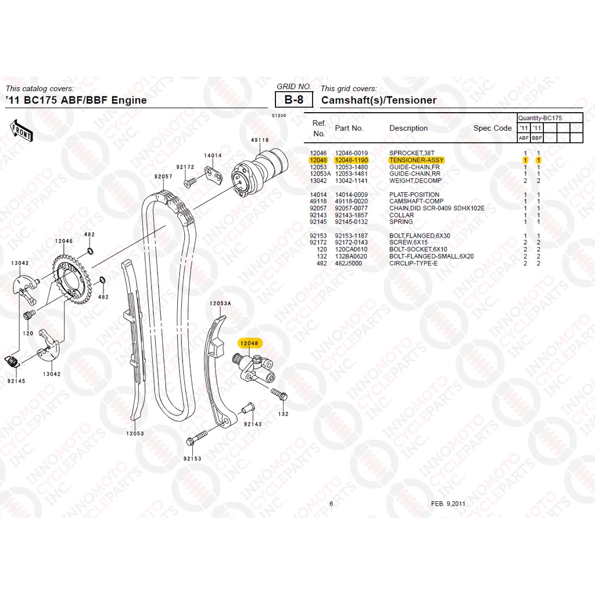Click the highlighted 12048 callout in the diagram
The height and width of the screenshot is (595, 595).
(250, 343)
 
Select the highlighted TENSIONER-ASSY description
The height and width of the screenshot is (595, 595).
(416, 160)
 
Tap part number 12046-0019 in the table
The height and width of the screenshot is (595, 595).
(351, 153)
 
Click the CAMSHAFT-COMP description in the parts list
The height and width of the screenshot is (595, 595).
(416, 202)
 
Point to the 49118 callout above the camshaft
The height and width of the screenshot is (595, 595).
(260, 140)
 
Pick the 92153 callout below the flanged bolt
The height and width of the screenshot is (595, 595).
(192, 458)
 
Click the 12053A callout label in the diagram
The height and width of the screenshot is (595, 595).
(220, 303)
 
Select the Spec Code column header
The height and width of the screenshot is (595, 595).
(493, 128)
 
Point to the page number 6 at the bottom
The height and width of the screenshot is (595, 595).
(331, 504)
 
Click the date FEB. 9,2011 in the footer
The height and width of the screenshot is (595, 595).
(447, 504)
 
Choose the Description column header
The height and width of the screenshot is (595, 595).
(408, 128)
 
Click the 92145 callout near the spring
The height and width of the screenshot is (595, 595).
(16, 381)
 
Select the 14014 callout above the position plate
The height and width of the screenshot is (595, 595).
(213, 156)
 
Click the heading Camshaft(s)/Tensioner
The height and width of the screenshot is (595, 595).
(379, 100)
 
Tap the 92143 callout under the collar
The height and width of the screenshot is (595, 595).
(253, 424)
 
